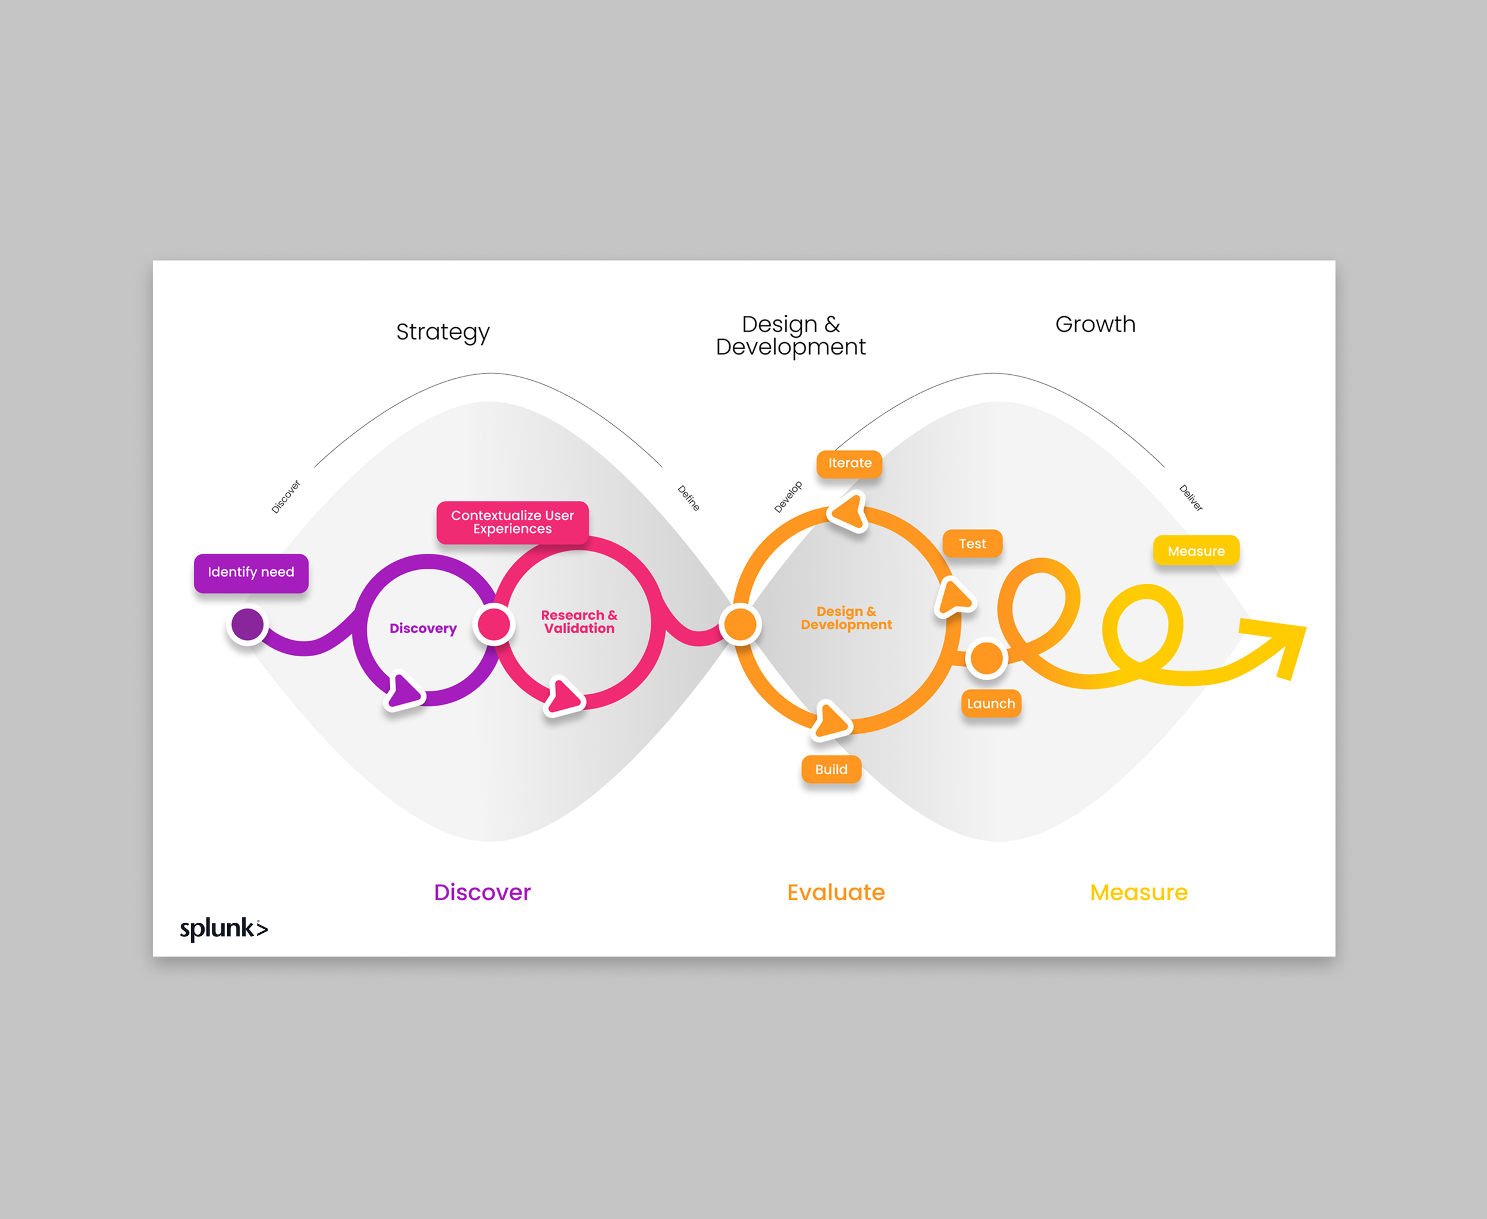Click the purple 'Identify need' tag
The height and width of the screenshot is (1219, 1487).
250,573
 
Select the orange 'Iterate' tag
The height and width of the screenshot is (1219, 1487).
849,463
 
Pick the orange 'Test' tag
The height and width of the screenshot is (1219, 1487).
972,544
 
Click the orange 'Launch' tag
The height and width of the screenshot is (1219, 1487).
990,704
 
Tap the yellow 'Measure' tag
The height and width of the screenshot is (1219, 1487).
1196,551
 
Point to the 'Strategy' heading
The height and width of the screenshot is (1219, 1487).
443,332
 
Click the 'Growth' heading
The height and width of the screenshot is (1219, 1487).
1094,324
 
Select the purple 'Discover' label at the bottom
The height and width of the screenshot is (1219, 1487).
482,892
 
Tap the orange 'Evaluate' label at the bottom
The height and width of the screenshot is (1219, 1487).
836,892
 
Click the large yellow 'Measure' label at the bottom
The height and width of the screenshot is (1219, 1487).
1138,892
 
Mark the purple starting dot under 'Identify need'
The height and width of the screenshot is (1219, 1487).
247,624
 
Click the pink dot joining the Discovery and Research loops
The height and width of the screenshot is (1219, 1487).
494,623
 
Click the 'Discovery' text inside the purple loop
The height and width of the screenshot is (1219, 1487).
423,628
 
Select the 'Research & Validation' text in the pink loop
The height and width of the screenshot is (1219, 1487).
579,622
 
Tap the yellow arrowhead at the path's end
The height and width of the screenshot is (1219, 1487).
1281,643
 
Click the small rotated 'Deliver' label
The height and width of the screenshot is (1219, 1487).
1191,498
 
